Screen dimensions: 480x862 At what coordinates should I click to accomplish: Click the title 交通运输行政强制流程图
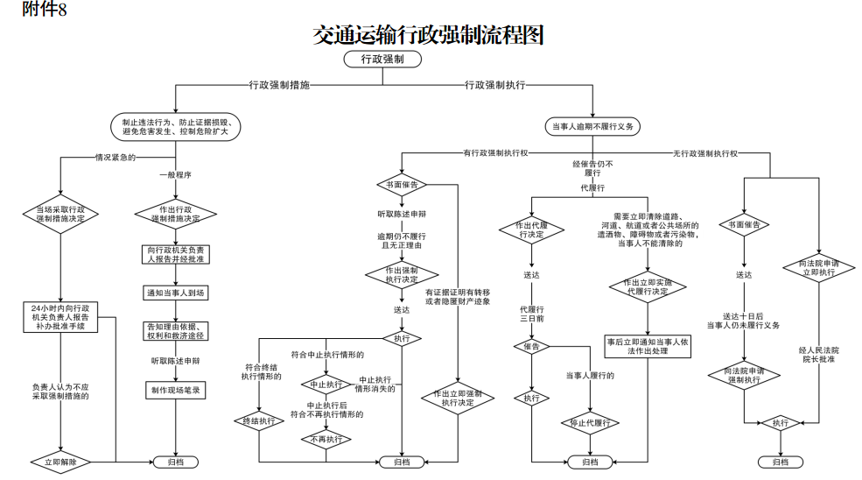pos(428,35)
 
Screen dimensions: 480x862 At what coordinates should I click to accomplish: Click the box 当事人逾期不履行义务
pos(592,127)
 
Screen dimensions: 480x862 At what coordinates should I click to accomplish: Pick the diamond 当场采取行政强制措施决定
pos(60,214)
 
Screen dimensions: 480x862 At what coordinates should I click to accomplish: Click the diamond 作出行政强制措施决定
pos(177,214)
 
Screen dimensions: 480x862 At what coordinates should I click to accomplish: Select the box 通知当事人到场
pos(177,292)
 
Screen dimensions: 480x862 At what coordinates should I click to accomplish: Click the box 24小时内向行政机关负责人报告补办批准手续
pos(60,316)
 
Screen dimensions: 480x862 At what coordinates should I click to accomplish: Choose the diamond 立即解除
pos(60,461)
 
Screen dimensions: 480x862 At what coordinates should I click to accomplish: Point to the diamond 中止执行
pos(326,384)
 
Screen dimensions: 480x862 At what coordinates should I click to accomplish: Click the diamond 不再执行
pos(326,440)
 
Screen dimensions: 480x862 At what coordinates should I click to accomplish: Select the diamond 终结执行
pos(259,421)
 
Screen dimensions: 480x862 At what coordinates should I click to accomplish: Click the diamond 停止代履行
pos(590,423)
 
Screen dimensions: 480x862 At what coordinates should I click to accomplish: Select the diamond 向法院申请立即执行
pos(819,267)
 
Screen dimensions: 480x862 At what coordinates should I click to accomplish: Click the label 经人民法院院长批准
pos(818,354)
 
